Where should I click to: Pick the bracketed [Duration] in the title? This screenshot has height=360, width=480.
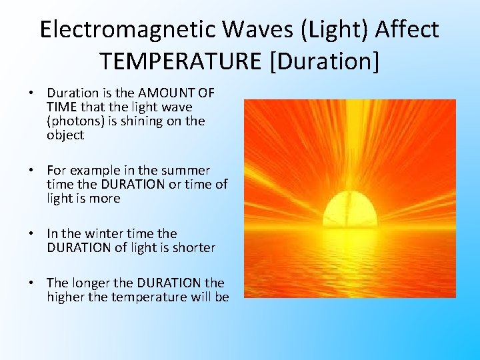coord(324,61)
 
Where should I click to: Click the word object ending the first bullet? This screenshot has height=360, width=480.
coord(65,135)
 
